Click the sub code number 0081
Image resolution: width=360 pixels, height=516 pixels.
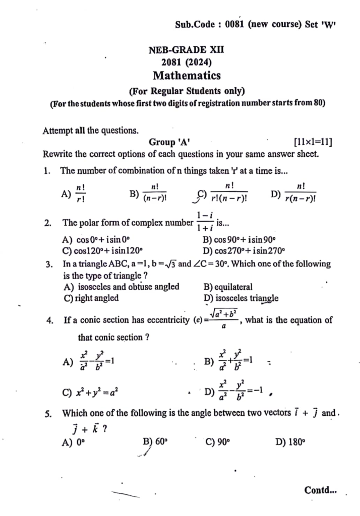[x=235, y=24]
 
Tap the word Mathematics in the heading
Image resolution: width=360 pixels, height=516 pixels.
[x=187, y=76]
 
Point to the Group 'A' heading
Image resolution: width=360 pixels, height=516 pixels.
[x=169, y=143]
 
